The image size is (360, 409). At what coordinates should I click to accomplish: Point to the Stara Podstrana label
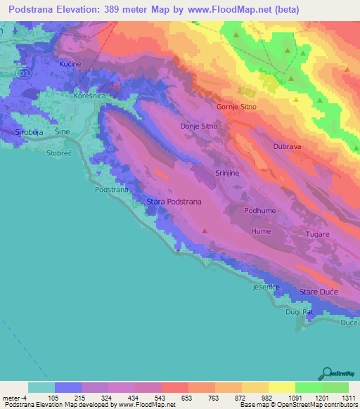coord(174,202)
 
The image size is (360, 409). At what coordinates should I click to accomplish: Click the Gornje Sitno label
coord(236,106)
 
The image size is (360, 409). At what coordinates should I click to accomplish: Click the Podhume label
coord(259,210)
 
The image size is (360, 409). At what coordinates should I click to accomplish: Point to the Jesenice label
coord(266,287)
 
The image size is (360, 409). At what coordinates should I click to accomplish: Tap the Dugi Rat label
coord(300,311)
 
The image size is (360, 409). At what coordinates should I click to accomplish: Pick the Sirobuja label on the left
coord(30,131)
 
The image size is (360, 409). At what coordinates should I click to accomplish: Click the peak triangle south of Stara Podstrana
coord(205,230)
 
